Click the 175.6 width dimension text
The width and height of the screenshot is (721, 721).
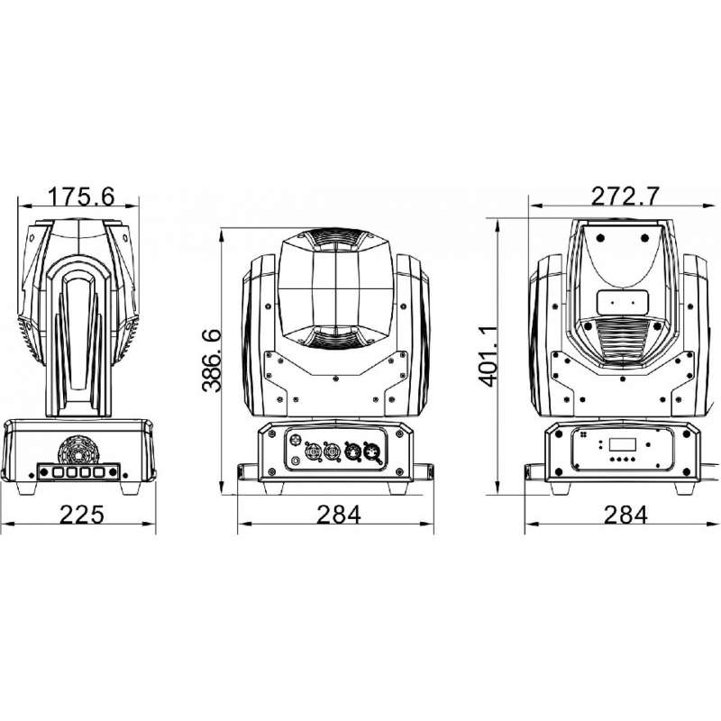(81, 196)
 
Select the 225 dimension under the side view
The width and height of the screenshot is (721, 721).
(82, 514)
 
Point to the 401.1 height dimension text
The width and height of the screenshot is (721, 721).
(488, 355)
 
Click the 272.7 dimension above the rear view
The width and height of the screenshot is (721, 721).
(625, 196)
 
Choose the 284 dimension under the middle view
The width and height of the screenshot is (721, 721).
(339, 514)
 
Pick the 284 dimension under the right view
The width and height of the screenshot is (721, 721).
(625, 514)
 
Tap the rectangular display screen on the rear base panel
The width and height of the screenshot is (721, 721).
(623, 444)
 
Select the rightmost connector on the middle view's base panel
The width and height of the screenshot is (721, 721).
(370, 453)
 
